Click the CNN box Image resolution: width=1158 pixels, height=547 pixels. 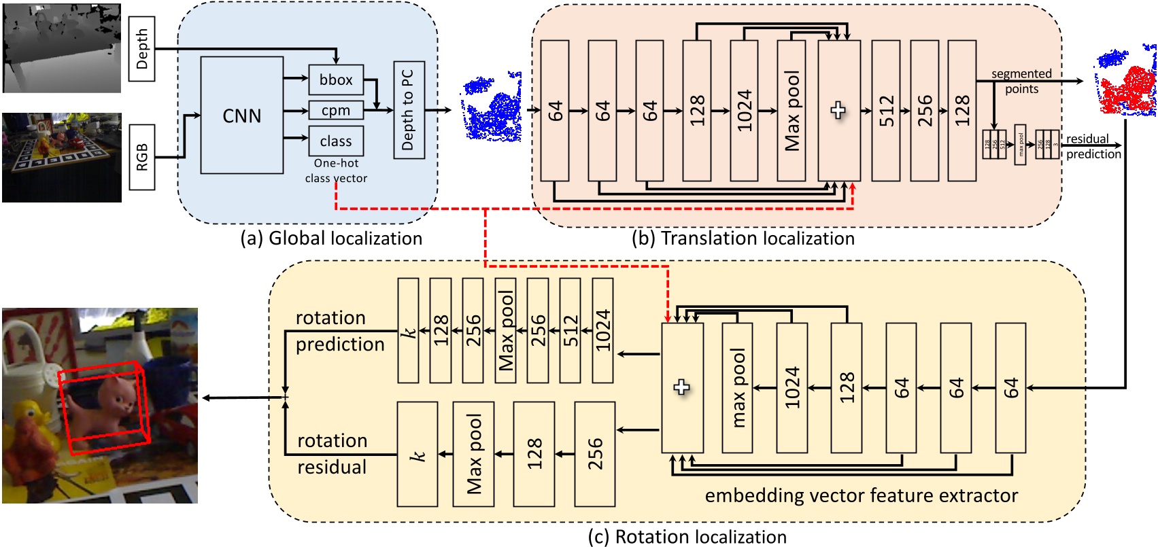click(242, 116)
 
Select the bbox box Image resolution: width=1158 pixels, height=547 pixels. click(336, 80)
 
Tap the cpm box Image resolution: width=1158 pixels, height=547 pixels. click(336, 110)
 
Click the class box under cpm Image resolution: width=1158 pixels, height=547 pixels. click(336, 141)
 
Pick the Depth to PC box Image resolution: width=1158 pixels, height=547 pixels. click(409, 110)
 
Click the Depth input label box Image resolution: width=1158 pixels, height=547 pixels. click(141, 49)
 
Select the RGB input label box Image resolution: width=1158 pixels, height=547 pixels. click(141, 157)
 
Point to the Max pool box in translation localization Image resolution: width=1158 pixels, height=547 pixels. click(791, 110)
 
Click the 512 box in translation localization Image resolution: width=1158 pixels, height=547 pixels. click(885, 110)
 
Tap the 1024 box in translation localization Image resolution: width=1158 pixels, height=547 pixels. click(744, 110)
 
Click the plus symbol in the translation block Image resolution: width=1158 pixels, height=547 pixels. click(838, 110)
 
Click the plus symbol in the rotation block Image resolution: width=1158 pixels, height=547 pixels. click(681, 387)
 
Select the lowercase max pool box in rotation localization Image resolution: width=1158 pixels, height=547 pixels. click(737, 387)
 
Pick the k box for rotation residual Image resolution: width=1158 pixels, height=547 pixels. click(417, 454)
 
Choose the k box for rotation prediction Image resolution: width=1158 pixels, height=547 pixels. click(408, 331)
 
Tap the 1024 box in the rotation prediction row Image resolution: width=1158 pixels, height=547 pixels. click(602, 331)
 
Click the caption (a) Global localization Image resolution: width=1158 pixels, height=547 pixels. click(331, 239)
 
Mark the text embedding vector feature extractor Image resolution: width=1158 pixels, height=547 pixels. click(861, 495)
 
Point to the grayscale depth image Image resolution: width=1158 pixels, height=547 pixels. click(61, 48)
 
